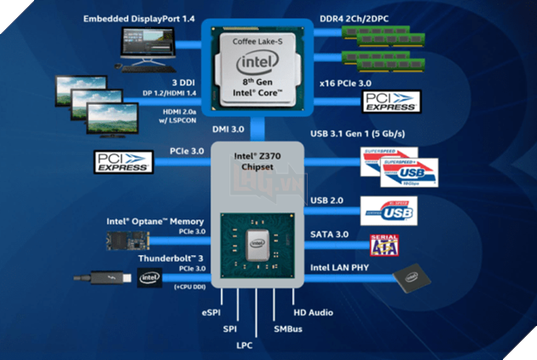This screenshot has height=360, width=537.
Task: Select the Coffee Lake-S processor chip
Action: (257, 69)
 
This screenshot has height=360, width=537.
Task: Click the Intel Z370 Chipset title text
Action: (257, 161)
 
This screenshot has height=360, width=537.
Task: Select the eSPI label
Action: (211, 314)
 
